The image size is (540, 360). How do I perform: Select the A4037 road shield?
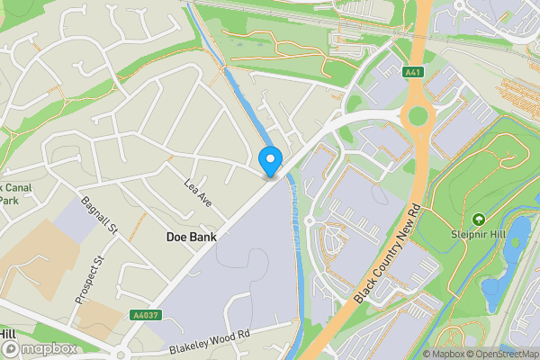pyautogui.click(x=144, y=315)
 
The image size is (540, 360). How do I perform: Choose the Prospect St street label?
pyautogui.click(x=91, y=278)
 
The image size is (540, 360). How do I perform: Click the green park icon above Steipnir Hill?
pyautogui.click(x=479, y=220)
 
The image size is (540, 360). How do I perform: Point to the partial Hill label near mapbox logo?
pyautogui.click(x=8, y=334)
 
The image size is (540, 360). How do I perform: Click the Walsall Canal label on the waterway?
pyautogui.click(x=295, y=202)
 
